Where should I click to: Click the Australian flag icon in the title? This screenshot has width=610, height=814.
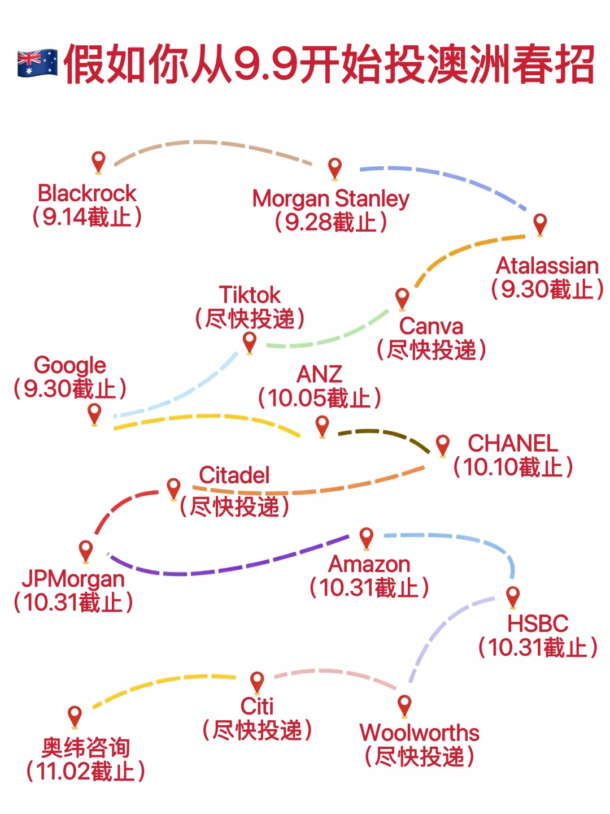(x=37, y=63)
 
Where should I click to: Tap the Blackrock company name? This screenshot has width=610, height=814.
(x=87, y=193)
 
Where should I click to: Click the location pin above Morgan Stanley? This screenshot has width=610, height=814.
(x=335, y=168)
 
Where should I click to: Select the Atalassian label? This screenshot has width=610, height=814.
(x=547, y=266)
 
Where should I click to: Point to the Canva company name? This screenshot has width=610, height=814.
(x=431, y=326)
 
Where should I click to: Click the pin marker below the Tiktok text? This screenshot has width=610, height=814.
(x=249, y=342)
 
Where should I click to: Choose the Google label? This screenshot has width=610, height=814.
(x=70, y=365)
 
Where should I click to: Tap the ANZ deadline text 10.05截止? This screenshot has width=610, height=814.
(x=320, y=398)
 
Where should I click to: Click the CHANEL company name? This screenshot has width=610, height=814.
(x=513, y=443)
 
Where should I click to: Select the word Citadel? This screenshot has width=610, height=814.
(x=234, y=475)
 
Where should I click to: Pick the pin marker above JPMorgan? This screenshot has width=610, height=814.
(x=86, y=550)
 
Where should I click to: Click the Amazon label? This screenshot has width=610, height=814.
(x=369, y=564)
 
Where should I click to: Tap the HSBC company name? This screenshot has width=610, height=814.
(x=538, y=624)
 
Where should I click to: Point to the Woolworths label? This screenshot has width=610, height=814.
(x=420, y=733)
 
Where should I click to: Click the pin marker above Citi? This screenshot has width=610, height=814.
(x=257, y=682)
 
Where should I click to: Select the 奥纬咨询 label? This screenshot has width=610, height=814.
(x=86, y=748)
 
